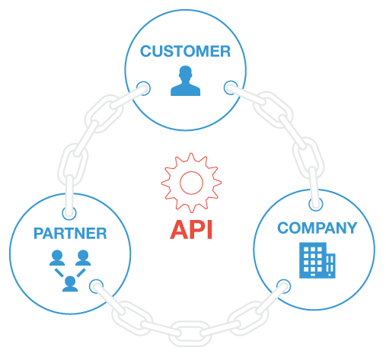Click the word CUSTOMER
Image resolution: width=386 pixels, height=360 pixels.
tap(185, 51)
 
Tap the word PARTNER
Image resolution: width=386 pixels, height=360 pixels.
tap(70, 234)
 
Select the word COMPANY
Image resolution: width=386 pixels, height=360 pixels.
tap(317, 228)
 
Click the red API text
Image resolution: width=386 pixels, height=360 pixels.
tap(191, 230)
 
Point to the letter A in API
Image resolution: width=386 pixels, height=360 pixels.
tap(179, 230)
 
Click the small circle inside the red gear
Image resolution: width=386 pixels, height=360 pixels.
tap(191, 183)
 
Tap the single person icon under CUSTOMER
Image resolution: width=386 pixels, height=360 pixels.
tap(186, 81)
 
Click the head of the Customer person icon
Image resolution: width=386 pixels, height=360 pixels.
tap(186, 72)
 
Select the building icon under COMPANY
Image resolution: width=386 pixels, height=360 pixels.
tap(317, 260)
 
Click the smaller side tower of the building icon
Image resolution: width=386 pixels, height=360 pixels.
tap(331, 266)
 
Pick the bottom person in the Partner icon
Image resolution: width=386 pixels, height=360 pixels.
tap(70, 284)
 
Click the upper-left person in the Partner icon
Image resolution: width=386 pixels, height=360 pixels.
tap(57, 258)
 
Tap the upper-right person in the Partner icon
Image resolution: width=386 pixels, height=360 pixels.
tap(83, 258)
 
